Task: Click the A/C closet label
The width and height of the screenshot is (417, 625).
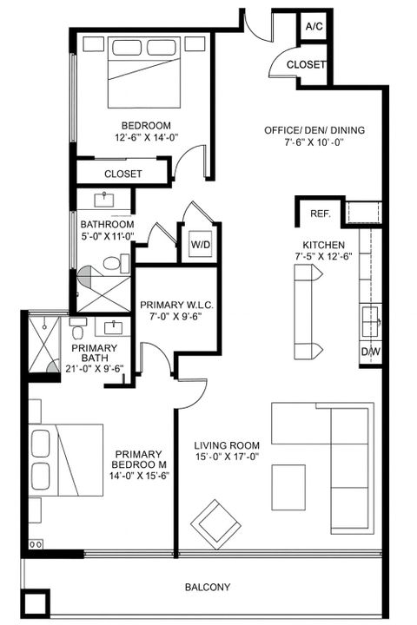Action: (x=313, y=27)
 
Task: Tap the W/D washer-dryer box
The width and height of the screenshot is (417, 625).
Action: (x=199, y=245)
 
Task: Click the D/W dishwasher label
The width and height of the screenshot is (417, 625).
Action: (x=371, y=352)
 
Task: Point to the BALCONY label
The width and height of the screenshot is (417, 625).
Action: (x=208, y=588)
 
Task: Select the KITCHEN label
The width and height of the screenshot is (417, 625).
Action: (x=324, y=245)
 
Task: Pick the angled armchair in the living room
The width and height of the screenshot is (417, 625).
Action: (x=216, y=523)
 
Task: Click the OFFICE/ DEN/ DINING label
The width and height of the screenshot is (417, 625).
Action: (x=314, y=131)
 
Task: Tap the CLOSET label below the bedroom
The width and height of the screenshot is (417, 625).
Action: (x=122, y=174)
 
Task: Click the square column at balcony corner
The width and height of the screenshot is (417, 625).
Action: (x=35, y=604)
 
